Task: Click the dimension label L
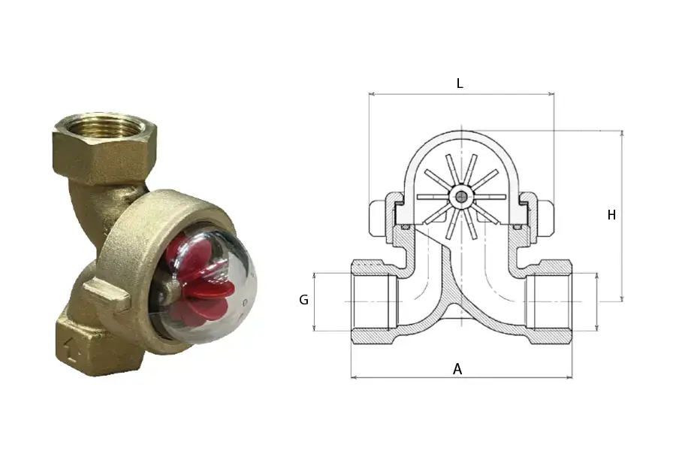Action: pos(460,83)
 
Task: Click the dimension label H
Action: pos(611,214)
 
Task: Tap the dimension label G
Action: pos(303,299)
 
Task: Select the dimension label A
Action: pos(457,369)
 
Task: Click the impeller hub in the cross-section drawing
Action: pos(462,197)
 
